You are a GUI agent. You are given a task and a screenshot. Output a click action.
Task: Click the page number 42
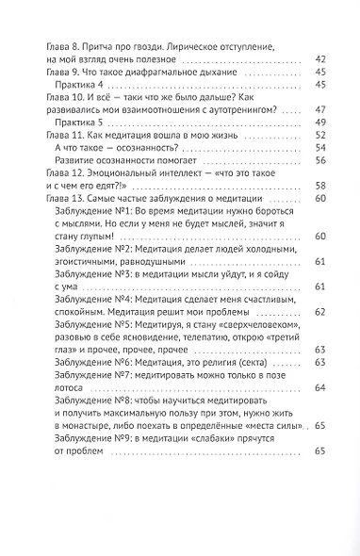318,60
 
